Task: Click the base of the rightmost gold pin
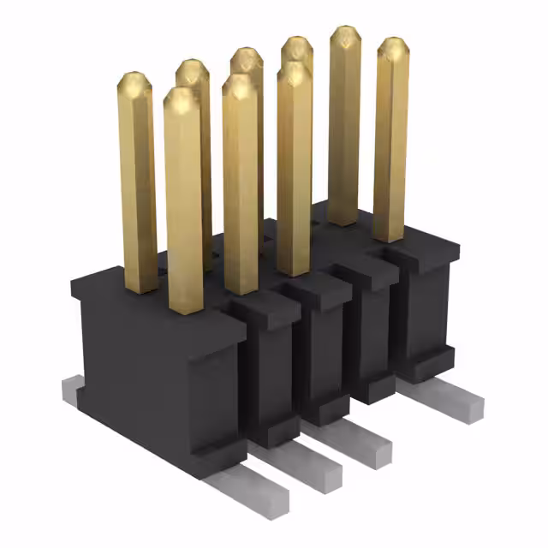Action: tap(389, 235)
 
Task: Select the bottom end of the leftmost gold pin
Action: tap(140, 287)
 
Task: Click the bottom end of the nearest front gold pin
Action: tap(186, 307)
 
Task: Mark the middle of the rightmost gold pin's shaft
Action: tap(390, 141)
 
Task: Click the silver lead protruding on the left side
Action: tap(73, 390)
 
